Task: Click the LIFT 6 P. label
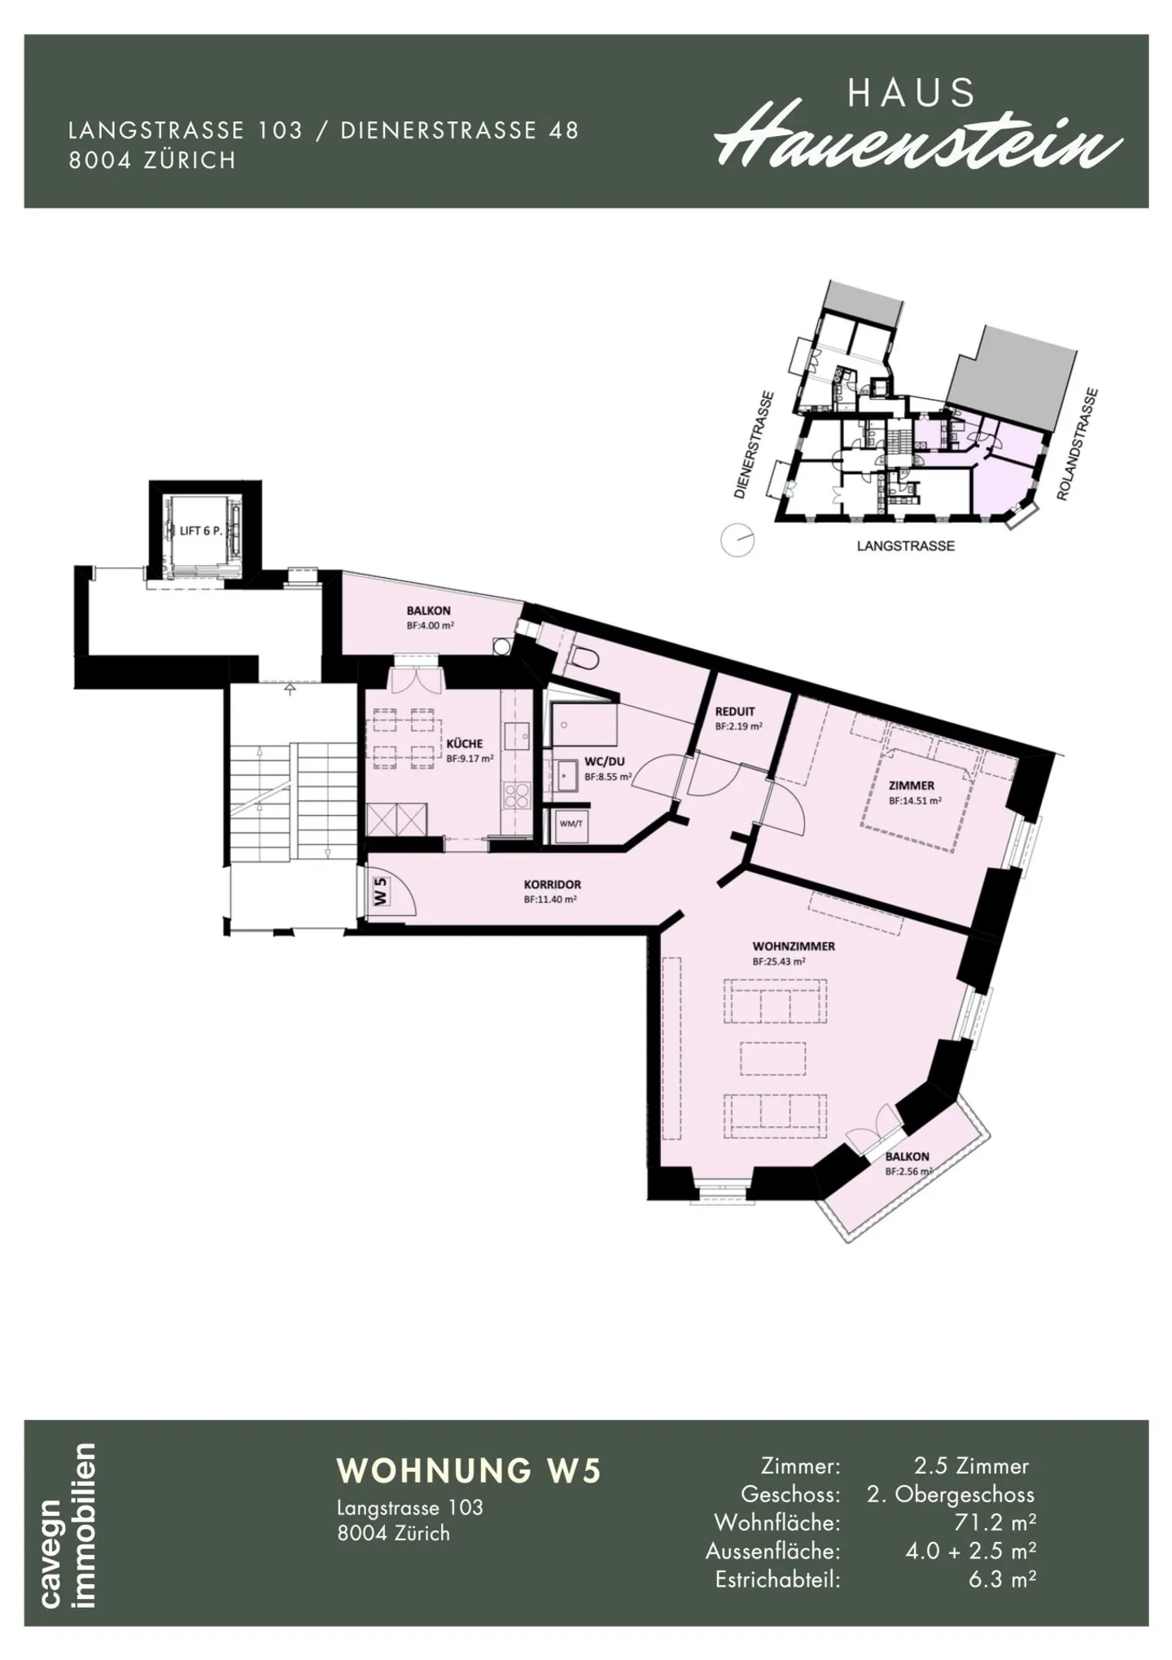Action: click(x=201, y=531)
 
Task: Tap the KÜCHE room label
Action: click(x=465, y=743)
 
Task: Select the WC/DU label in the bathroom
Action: click(x=604, y=762)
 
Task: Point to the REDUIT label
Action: click(x=735, y=711)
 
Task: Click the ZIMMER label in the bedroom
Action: click(x=912, y=786)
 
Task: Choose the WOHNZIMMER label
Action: click(x=794, y=947)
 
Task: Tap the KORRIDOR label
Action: click(x=553, y=884)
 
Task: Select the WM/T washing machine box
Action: click(x=571, y=824)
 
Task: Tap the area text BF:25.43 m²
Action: click(x=779, y=961)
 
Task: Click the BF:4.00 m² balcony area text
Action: click(x=429, y=625)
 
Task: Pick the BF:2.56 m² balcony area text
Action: click(x=908, y=1172)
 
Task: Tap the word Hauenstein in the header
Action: click(x=918, y=143)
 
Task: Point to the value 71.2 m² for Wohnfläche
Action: click(x=995, y=1522)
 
